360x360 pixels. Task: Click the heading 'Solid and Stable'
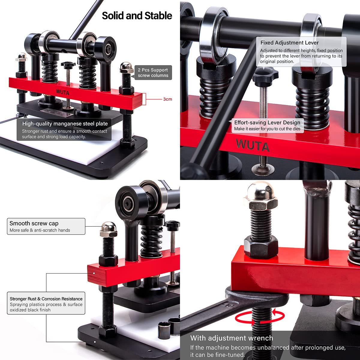click(x=137, y=16)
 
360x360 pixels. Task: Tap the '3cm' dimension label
click(x=167, y=99)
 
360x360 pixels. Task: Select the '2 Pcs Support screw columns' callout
click(x=153, y=73)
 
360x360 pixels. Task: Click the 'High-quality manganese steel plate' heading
click(x=65, y=124)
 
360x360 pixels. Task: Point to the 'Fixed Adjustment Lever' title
click(x=289, y=43)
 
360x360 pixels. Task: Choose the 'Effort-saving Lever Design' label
click(x=267, y=122)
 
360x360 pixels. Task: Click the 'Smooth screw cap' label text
click(x=34, y=223)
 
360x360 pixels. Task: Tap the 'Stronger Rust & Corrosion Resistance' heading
click(x=46, y=299)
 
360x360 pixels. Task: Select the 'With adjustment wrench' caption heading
click(x=232, y=338)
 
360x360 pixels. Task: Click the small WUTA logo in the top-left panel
click(x=62, y=92)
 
